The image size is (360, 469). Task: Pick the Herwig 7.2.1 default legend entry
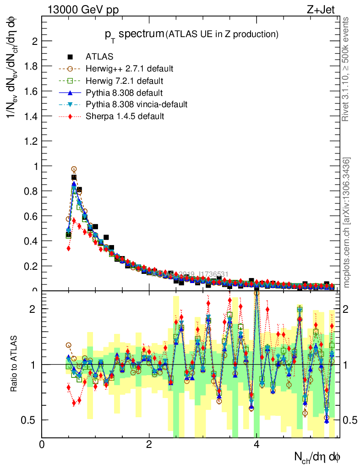(124, 81)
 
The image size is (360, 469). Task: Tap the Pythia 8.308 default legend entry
(124, 93)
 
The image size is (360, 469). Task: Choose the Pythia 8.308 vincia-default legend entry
(136, 104)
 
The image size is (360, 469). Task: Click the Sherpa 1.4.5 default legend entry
(125, 116)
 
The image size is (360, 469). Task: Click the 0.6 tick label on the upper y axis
(32, 216)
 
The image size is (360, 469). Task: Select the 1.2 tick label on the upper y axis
(32, 141)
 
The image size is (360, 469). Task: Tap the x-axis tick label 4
(256, 444)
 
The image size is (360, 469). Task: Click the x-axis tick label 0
(42, 444)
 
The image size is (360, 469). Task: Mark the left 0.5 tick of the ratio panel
(32, 420)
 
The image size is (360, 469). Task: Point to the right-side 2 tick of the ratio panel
(348, 309)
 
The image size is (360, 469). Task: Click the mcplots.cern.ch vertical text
(347, 223)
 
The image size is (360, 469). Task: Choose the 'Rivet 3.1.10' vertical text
(347, 69)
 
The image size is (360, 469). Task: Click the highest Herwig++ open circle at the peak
(74, 169)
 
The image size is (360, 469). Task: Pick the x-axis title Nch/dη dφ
(317, 456)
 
